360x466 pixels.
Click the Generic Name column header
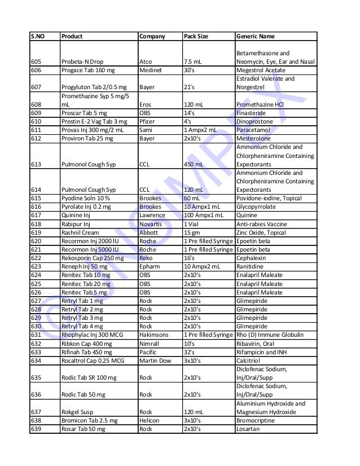[256, 37]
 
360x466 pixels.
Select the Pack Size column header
[196, 37]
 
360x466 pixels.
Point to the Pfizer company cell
[146, 121]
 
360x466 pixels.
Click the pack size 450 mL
[195, 165]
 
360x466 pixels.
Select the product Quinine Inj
[77, 215]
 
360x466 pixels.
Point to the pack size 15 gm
[192, 232]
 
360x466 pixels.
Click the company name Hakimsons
[153, 335]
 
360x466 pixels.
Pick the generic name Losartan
[249, 429]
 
